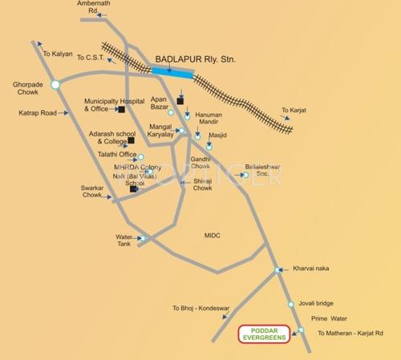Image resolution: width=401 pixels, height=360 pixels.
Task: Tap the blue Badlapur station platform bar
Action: coord(172,71)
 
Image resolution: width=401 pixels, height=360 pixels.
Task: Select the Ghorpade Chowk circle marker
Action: coord(55,83)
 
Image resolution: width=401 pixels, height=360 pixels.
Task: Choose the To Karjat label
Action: coord(294,110)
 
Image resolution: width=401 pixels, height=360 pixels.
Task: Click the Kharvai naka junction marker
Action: coord(277,269)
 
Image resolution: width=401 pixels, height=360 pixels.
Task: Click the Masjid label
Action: coord(217,136)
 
